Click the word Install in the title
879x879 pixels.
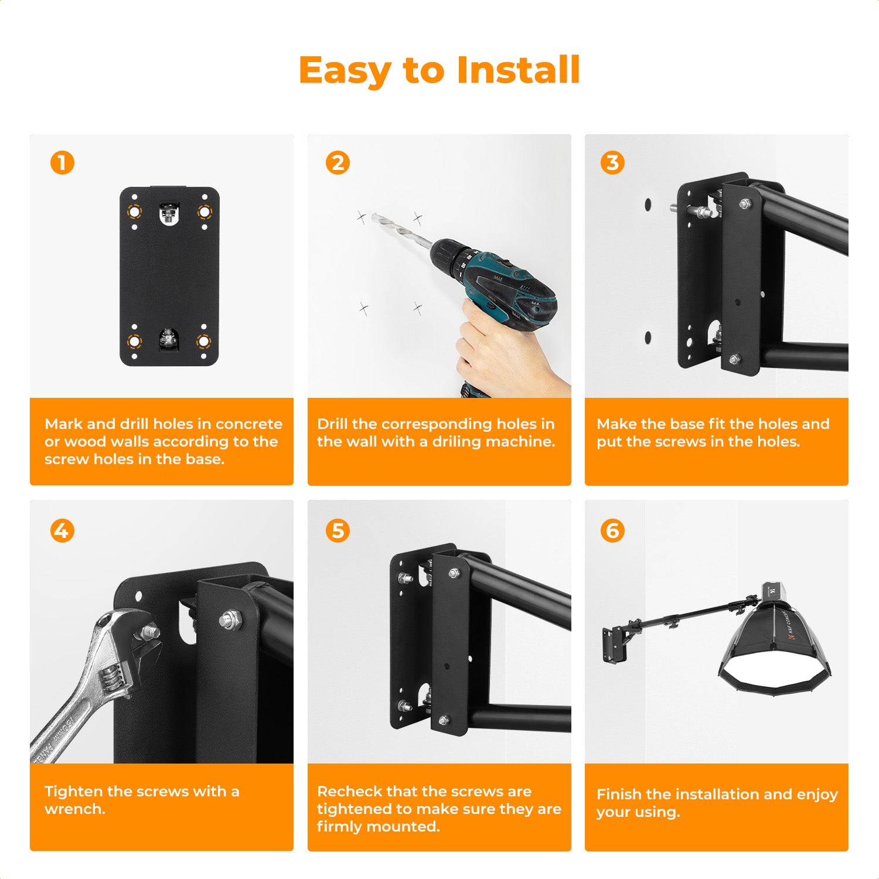coord(518,70)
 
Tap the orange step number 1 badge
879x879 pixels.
coord(62,163)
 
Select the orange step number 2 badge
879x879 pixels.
coord(338,163)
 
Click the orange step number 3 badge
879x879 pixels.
coord(612,163)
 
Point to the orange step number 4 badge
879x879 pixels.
coord(62,531)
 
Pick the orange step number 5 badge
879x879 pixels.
coord(338,531)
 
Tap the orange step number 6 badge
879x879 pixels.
coord(612,531)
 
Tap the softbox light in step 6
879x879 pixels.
coord(774,650)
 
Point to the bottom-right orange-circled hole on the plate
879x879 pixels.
coord(203,341)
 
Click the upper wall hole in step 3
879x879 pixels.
coord(648,205)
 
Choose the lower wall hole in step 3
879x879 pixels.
coord(648,338)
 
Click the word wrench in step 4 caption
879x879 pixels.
coord(74,809)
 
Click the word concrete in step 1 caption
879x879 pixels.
coord(248,424)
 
